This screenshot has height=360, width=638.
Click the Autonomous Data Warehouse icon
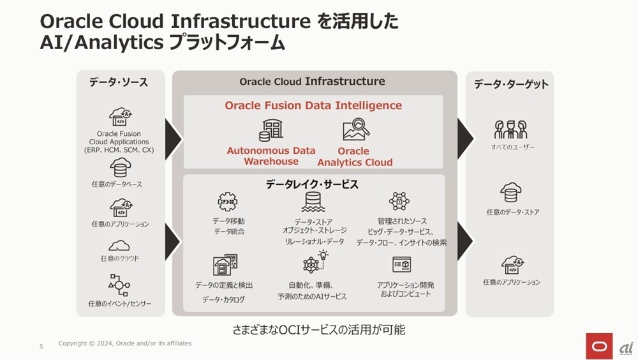[x=271, y=130]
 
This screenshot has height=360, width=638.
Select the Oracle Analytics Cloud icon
[x=356, y=130]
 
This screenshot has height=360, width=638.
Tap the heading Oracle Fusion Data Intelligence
[x=313, y=105]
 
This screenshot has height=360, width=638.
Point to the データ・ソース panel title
[x=119, y=82]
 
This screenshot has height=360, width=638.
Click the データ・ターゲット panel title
[x=510, y=84]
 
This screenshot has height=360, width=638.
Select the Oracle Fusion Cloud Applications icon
[x=121, y=117]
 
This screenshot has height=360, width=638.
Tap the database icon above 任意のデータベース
[x=120, y=167]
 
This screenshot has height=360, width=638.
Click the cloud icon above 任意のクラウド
[x=120, y=245]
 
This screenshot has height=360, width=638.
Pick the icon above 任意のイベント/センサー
[x=120, y=285]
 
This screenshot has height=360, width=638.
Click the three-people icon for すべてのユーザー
[x=510, y=130]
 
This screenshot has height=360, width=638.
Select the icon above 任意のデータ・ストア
[x=511, y=191]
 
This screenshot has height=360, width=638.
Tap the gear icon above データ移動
[x=228, y=202]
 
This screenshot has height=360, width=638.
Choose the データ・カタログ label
[x=223, y=299]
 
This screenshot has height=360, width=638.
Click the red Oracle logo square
[x=599, y=345]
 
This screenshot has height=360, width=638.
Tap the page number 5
[x=41, y=347]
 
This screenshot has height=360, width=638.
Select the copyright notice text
[x=124, y=343]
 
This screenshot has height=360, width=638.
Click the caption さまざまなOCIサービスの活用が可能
[x=318, y=330]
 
